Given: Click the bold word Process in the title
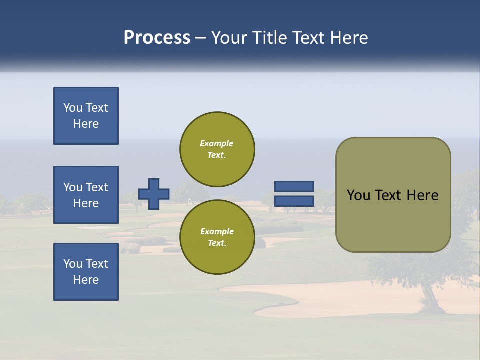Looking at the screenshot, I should point(157,38).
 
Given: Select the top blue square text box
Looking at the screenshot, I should point(86,116).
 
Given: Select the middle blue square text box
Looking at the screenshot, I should point(86,195).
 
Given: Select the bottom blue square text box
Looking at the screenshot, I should point(86,272).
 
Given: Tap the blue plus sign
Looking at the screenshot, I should point(154,194).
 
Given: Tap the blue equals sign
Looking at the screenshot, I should point(294,194).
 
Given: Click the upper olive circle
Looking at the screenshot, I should point(217,149).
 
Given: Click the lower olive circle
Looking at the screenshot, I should point(217,237).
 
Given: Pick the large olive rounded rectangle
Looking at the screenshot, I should point(393,195).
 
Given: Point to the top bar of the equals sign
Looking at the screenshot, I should point(294,187).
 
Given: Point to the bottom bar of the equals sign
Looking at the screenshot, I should point(294,201).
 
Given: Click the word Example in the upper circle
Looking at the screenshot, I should point(216,143).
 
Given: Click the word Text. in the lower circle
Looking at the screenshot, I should point(216,243).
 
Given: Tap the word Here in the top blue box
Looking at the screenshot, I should point(86,124).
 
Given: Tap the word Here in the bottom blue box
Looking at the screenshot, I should point(86,280).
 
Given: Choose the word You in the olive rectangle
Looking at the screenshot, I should point(358,195).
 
